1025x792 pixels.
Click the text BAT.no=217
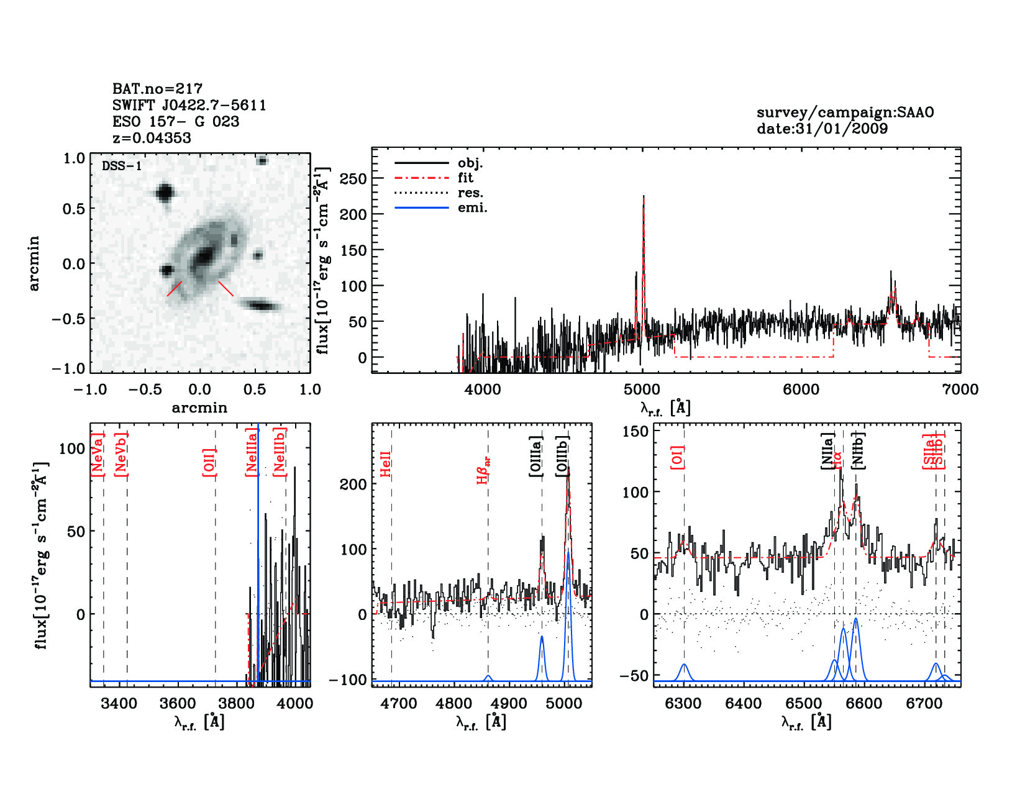(x=157, y=89)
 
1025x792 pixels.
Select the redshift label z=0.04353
(x=152, y=138)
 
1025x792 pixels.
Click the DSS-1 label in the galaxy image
(x=122, y=166)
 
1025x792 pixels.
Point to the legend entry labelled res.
(x=470, y=193)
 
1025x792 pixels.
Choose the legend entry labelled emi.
(x=472, y=207)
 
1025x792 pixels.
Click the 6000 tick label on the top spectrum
(x=801, y=389)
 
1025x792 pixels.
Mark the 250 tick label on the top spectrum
(x=353, y=178)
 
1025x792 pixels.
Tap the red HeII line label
(x=386, y=463)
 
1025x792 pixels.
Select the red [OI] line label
(x=677, y=457)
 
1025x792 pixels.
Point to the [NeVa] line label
(x=97, y=454)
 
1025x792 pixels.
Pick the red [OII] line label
(x=209, y=462)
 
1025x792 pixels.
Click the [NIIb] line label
(x=858, y=450)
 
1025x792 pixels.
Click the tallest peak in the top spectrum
(x=644, y=198)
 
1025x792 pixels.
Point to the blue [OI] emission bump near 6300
(x=684, y=671)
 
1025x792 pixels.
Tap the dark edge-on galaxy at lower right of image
(x=261, y=305)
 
